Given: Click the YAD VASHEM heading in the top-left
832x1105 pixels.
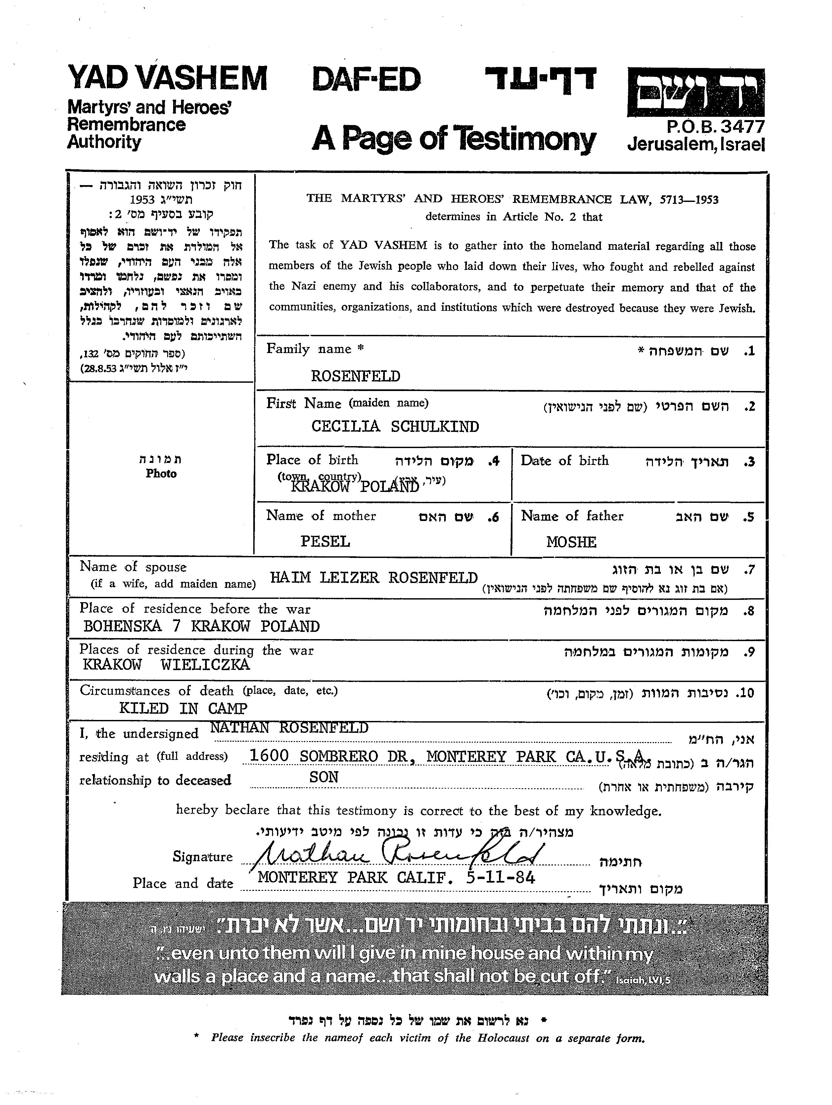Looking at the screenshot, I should tap(167, 79).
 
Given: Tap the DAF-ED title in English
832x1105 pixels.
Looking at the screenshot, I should tap(366, 80).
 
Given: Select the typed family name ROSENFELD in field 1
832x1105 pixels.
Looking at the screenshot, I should tap(355, 376).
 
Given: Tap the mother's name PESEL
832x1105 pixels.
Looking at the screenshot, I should tap(325, 541).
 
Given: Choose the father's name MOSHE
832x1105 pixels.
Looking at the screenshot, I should tap(571, 542).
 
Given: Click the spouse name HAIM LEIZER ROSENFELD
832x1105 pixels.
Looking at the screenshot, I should tap(374, 578).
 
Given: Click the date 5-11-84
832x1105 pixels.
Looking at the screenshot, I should tap(500, 878).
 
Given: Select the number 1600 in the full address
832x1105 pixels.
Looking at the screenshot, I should tap(269, 756).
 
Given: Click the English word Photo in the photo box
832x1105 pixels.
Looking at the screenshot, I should tap(161, 473).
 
